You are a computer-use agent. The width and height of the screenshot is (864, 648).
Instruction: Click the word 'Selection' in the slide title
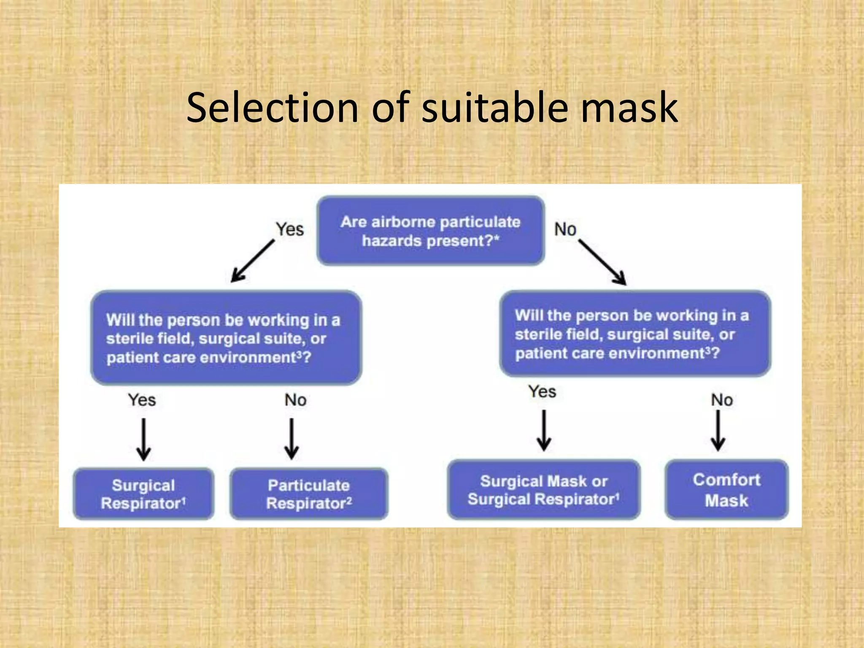coord(272,108)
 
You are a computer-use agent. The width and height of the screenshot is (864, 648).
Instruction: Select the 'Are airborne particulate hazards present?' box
coord(430,231)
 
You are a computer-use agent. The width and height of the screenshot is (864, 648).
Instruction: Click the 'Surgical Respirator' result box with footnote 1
coord(143,494)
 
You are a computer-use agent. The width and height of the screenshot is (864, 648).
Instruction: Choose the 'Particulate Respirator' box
coord(309,494)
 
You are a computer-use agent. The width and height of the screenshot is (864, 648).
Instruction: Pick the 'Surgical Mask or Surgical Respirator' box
coord(543,490)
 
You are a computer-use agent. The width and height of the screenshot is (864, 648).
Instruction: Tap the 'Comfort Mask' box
coord(726,490)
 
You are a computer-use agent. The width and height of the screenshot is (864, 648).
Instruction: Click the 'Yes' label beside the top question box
coord(290,229)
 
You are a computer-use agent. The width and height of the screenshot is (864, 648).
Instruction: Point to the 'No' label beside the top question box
coord(565,229)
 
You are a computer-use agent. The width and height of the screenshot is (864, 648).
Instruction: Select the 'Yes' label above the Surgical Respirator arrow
coord(142,400)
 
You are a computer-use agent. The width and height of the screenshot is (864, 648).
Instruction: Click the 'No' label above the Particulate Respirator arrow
coord(295,400)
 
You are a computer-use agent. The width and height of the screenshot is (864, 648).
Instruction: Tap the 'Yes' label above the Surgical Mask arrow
coord(542,391)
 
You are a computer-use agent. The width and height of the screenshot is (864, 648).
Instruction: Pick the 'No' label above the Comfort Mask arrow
coord(722,400)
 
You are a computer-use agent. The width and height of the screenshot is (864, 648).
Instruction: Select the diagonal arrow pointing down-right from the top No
coord(602,262)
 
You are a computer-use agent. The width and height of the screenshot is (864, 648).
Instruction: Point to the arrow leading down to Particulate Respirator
coord(292,439)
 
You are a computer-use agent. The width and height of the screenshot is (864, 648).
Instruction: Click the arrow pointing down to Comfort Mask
coord(718,430)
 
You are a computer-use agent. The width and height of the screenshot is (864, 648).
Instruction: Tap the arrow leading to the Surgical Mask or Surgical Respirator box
coord(544,430)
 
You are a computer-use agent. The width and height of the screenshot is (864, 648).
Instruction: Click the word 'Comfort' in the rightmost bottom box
coord(726,480)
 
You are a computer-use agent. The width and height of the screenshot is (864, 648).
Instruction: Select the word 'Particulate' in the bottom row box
coord(309,485)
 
